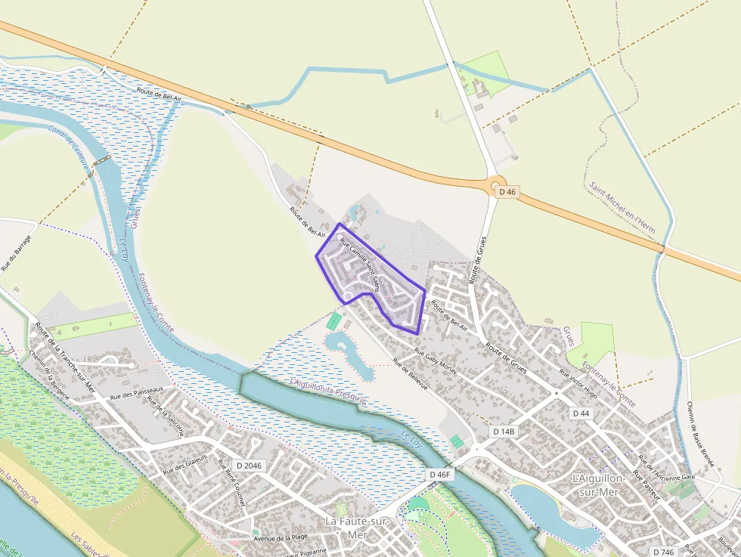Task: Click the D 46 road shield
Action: (507, 192)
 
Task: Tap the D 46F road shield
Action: (439, 474)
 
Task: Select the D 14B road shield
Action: (504, 432)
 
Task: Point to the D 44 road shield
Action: (581, 413)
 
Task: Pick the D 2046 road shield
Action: (248, 466)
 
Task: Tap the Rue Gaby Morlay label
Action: (436, 362)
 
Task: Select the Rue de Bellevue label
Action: (410, 374)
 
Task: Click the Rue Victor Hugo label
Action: (579, 385)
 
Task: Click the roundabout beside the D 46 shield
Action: (495, 184)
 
